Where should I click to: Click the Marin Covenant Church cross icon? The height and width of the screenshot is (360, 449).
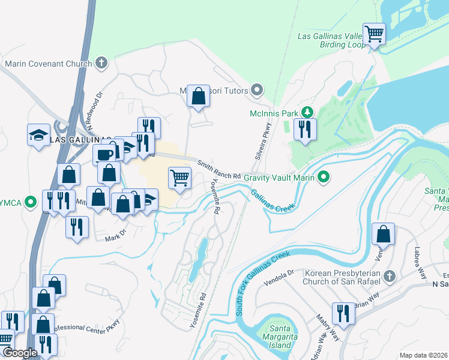pos(101,62)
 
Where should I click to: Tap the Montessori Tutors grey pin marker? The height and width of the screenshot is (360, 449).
pos(258,91)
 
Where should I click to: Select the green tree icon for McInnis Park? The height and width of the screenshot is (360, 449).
pos(307,112)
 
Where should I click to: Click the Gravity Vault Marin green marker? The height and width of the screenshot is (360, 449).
pos(324,177)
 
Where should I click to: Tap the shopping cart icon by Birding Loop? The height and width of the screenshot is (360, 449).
pos(375,34)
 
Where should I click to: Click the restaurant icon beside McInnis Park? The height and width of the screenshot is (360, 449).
pos(305,129)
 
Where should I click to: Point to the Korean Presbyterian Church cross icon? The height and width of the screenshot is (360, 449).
pos(390,277)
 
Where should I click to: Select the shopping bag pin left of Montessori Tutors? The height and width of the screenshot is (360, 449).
pos(198,95)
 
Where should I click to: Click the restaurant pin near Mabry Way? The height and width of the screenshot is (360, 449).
pos(343,314)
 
